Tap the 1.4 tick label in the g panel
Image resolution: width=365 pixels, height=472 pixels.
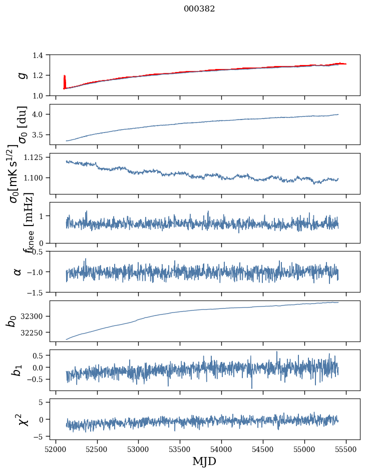coord(42,55)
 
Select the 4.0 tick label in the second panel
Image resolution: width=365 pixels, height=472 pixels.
coord(42,114)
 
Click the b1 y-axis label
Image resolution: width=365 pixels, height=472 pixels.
coord(18,370)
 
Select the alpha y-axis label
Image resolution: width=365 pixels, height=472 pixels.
coord(18,271)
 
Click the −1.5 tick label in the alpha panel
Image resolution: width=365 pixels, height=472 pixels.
coord(38,292)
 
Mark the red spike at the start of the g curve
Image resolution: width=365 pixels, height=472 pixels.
coord(65,80)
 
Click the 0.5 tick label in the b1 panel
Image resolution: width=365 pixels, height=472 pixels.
coord(42,356)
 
